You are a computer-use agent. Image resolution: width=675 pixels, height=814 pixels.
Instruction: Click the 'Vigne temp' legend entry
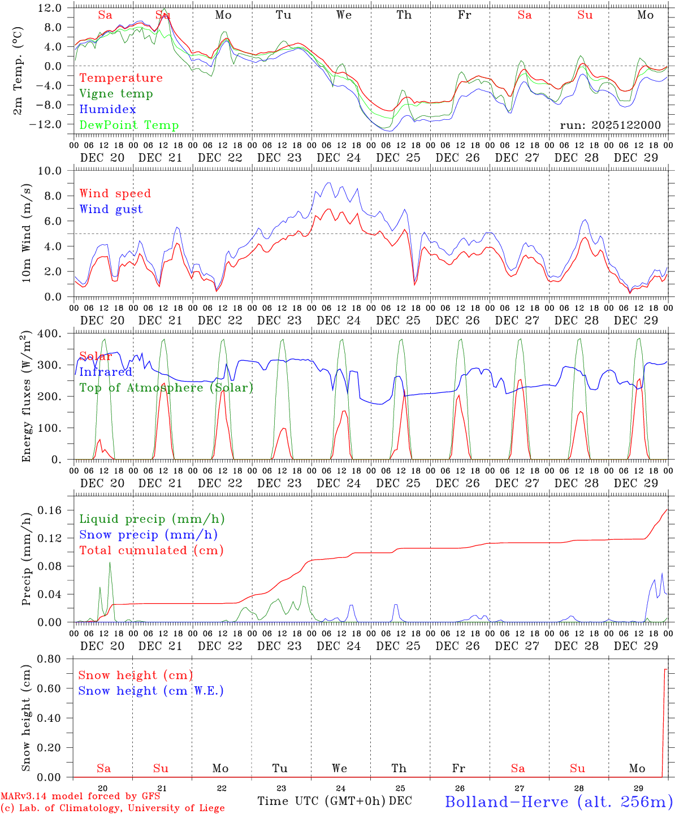pyautogui.click(x=116, y=94)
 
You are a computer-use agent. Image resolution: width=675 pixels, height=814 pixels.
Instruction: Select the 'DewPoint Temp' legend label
pyautogui.click(x=129, y=125)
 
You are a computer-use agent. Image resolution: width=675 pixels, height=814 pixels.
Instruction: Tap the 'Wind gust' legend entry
pyautogui.click(x=111, y=209)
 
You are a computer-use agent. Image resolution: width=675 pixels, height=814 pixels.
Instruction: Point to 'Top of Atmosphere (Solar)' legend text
pyautogui.click(x=166, y=388)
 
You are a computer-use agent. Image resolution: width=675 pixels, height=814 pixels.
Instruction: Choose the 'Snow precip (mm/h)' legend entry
pyautogui.click(x=148, y=535)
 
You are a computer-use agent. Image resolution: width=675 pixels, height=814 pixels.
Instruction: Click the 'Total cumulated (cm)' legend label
pyautogui.click(x=151, y=551)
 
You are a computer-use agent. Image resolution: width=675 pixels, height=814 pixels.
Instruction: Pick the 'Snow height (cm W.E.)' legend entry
pyautogui.click(x=150, y=691)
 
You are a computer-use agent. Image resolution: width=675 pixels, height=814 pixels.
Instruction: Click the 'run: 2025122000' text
pyautogui.click(x=610, y=125)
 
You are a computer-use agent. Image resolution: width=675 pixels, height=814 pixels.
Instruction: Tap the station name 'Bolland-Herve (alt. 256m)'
pyautogui.click(x=558, y=802)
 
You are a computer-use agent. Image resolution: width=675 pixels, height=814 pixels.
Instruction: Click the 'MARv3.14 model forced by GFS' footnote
pyautogui.click(x=80, y=796)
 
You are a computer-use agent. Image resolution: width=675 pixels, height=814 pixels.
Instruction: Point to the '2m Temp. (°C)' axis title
pyautogui.click(x=18, y=70)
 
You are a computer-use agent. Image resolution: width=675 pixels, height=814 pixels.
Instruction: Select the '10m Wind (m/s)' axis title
pyautogui.click(x=26, y=233)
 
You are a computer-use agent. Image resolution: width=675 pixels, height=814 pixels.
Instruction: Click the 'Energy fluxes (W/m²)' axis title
pyautogui.click(x=26, y=397)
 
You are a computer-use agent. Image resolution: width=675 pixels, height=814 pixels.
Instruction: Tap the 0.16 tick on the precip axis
pyautogui.click(x=49, y=510)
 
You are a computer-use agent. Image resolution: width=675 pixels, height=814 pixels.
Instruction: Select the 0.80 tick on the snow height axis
pyautogui.click(x=49, y=659)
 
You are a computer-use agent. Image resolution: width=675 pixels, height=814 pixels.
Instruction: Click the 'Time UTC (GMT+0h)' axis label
pyautogui.click(x=321, y=801)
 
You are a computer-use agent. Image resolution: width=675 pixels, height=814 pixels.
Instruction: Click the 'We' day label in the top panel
pyautogui.click(x=344, y=15)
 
